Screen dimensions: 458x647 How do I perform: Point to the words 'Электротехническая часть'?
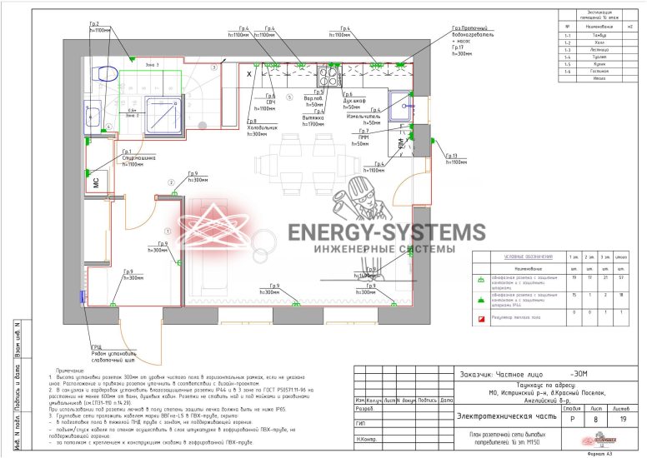497,416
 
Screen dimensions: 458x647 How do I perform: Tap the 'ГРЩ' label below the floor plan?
98,347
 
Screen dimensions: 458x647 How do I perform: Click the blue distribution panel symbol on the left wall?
80,297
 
